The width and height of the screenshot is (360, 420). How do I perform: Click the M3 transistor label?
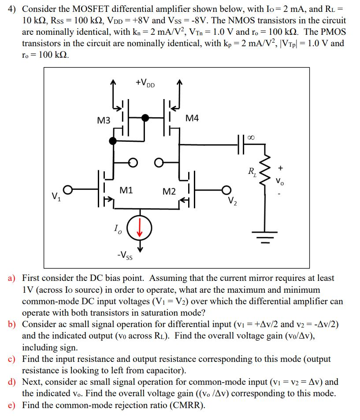pos(104,120)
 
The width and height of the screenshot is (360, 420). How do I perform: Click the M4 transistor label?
pos(193,118)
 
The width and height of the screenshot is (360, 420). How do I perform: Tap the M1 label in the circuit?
pos(126,190)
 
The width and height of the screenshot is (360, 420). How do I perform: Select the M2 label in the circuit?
pos(169,191)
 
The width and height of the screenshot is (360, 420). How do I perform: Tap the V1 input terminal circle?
pos(67,190)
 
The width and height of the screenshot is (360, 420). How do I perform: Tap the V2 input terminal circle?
pos(227,190)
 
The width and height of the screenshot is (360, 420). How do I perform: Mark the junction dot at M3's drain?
pos(113,140)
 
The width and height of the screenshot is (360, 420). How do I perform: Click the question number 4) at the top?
pos(13,9)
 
